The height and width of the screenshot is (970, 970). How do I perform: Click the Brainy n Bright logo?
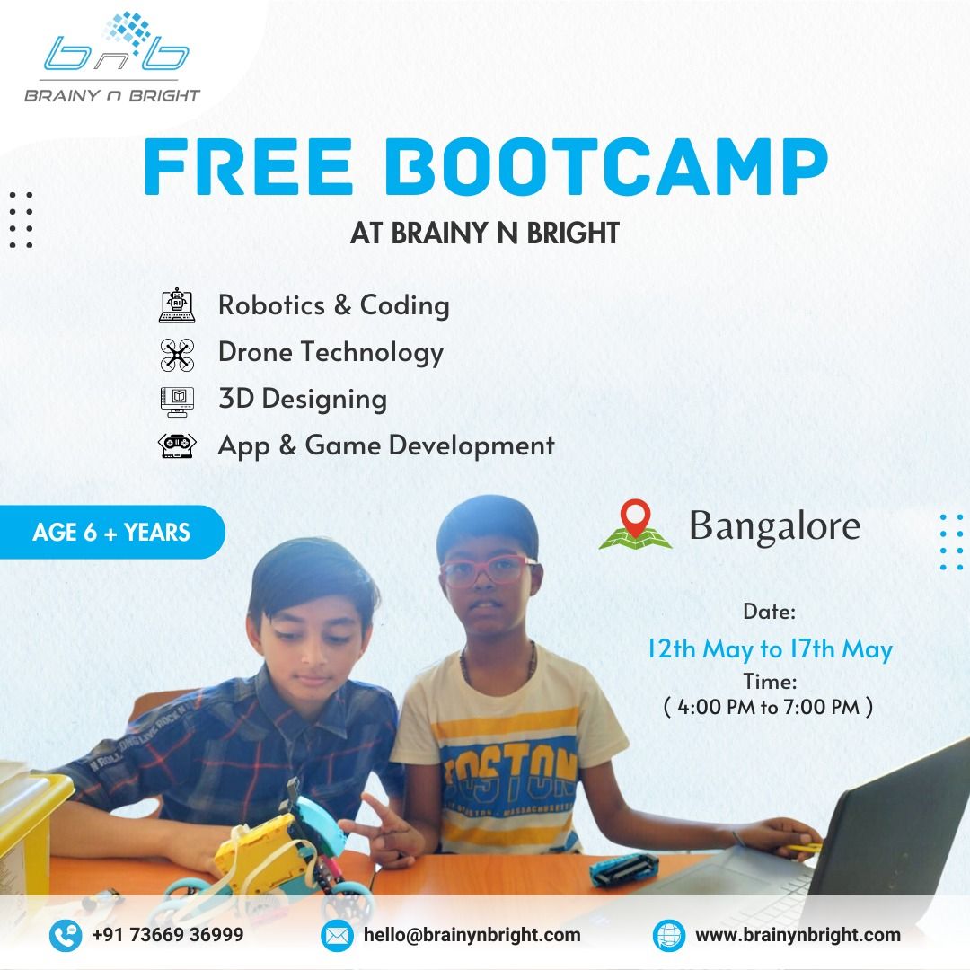(112, 57)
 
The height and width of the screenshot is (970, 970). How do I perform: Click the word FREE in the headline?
(249, 166)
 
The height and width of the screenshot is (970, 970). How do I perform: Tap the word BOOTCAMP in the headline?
(606, 166)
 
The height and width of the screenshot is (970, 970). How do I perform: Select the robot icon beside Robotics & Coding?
(177, 305)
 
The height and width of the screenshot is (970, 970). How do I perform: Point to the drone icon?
(177, 355)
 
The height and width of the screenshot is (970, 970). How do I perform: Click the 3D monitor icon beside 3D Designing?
(177, 401)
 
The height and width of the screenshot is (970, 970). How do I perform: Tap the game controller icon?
(177, 445)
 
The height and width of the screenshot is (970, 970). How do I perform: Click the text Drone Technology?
(331, 353)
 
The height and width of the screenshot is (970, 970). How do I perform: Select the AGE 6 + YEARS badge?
(111, 532)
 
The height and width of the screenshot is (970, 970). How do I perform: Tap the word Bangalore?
(774, 526)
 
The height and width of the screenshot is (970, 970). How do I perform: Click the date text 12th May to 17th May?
(771, 649)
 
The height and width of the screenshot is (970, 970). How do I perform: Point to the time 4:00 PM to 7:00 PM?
(768, 707)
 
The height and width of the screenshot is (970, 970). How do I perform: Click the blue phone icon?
(66, 935)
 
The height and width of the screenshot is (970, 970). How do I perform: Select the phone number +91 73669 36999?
(168, 935)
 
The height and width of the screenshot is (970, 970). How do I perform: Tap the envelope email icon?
(337, 935)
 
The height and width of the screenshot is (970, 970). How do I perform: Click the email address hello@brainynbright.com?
(472, 935)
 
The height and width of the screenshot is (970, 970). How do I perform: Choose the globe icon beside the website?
(669, 935)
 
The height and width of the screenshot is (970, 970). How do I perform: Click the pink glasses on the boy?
(488, 569)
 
